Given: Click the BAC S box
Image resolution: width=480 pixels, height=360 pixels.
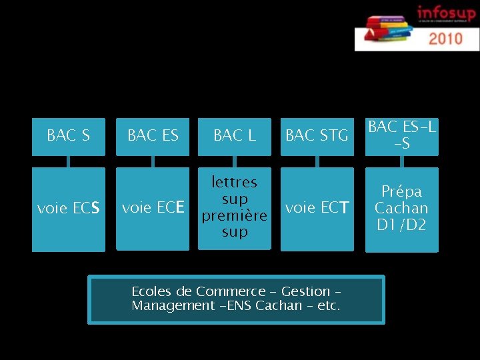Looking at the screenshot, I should pos(68,136).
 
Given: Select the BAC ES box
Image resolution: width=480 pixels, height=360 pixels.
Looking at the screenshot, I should pos(153,136).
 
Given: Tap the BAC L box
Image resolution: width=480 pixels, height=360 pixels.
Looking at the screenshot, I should pos(235,136).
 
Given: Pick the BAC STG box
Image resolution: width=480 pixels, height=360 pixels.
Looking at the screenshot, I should pos(317,136).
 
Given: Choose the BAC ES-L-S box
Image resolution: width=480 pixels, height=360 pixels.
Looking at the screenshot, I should pos(402,136).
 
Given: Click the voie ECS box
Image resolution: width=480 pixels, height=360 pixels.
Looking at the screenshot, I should pos(68,209).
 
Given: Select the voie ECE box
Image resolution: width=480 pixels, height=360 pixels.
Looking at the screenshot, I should pos(153,209).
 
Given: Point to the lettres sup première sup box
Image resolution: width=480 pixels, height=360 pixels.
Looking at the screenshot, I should pos(235,207).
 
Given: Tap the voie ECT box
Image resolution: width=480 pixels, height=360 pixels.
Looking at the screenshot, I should pos(317,209).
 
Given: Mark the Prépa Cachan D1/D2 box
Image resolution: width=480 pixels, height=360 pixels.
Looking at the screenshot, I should pos(402,209).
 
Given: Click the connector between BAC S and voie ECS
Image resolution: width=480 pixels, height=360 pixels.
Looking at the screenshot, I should pos(68,161).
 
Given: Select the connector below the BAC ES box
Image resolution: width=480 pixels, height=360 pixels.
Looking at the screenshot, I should pos(153,161).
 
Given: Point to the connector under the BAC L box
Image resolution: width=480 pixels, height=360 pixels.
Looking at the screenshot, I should pos(235,161).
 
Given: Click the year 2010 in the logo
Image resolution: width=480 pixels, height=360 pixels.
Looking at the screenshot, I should pos(446,38).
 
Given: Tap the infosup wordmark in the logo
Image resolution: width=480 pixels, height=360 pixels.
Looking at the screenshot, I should pos(447,13).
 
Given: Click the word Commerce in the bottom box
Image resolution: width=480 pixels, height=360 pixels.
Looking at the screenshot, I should pos(231,291).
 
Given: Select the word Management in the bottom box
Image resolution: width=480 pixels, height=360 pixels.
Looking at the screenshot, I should pos(163,306).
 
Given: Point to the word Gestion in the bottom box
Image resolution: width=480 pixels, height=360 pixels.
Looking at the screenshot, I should pos(306,291).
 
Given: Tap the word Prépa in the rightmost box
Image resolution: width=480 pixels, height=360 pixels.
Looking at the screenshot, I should pos(402,191).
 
